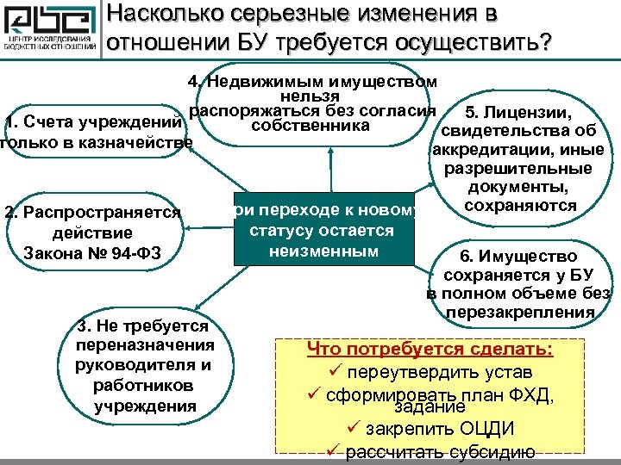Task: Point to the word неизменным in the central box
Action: click(x=323, y=251)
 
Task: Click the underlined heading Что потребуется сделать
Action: click(x=430, y=351)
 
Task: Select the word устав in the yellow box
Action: click(x=507, y=374)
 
